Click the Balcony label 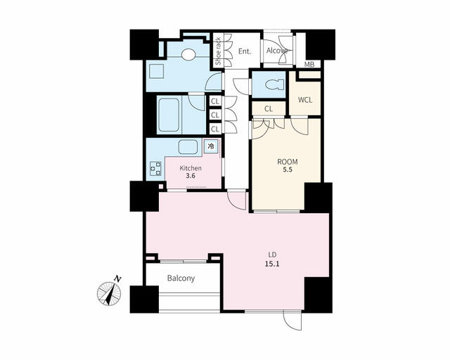point(181,278)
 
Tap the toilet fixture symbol point(275,85)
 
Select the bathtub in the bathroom point(169,115)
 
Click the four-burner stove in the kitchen point(155,168)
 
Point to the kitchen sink point(188,147)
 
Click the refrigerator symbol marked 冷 point(211,146)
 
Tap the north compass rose point(110,292)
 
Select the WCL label point(304,100)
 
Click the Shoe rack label point(218,51)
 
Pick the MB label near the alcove point(309,65)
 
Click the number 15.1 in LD point(272,264)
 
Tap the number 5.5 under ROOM point(288,169)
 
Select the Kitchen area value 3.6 point(191,176)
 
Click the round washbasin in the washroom point(188,55)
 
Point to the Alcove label point(277,51)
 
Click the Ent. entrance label point(245,51)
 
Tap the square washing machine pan point(156,71)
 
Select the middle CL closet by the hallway point(215,115)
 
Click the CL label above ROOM point(269,109)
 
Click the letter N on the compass point(117,278)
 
